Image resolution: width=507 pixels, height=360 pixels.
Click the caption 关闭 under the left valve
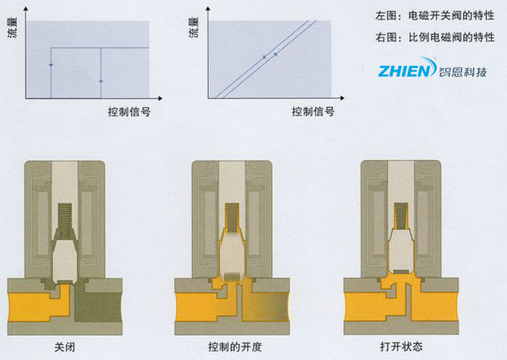click(65, 347)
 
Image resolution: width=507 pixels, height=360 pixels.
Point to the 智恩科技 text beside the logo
click(464, 71)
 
